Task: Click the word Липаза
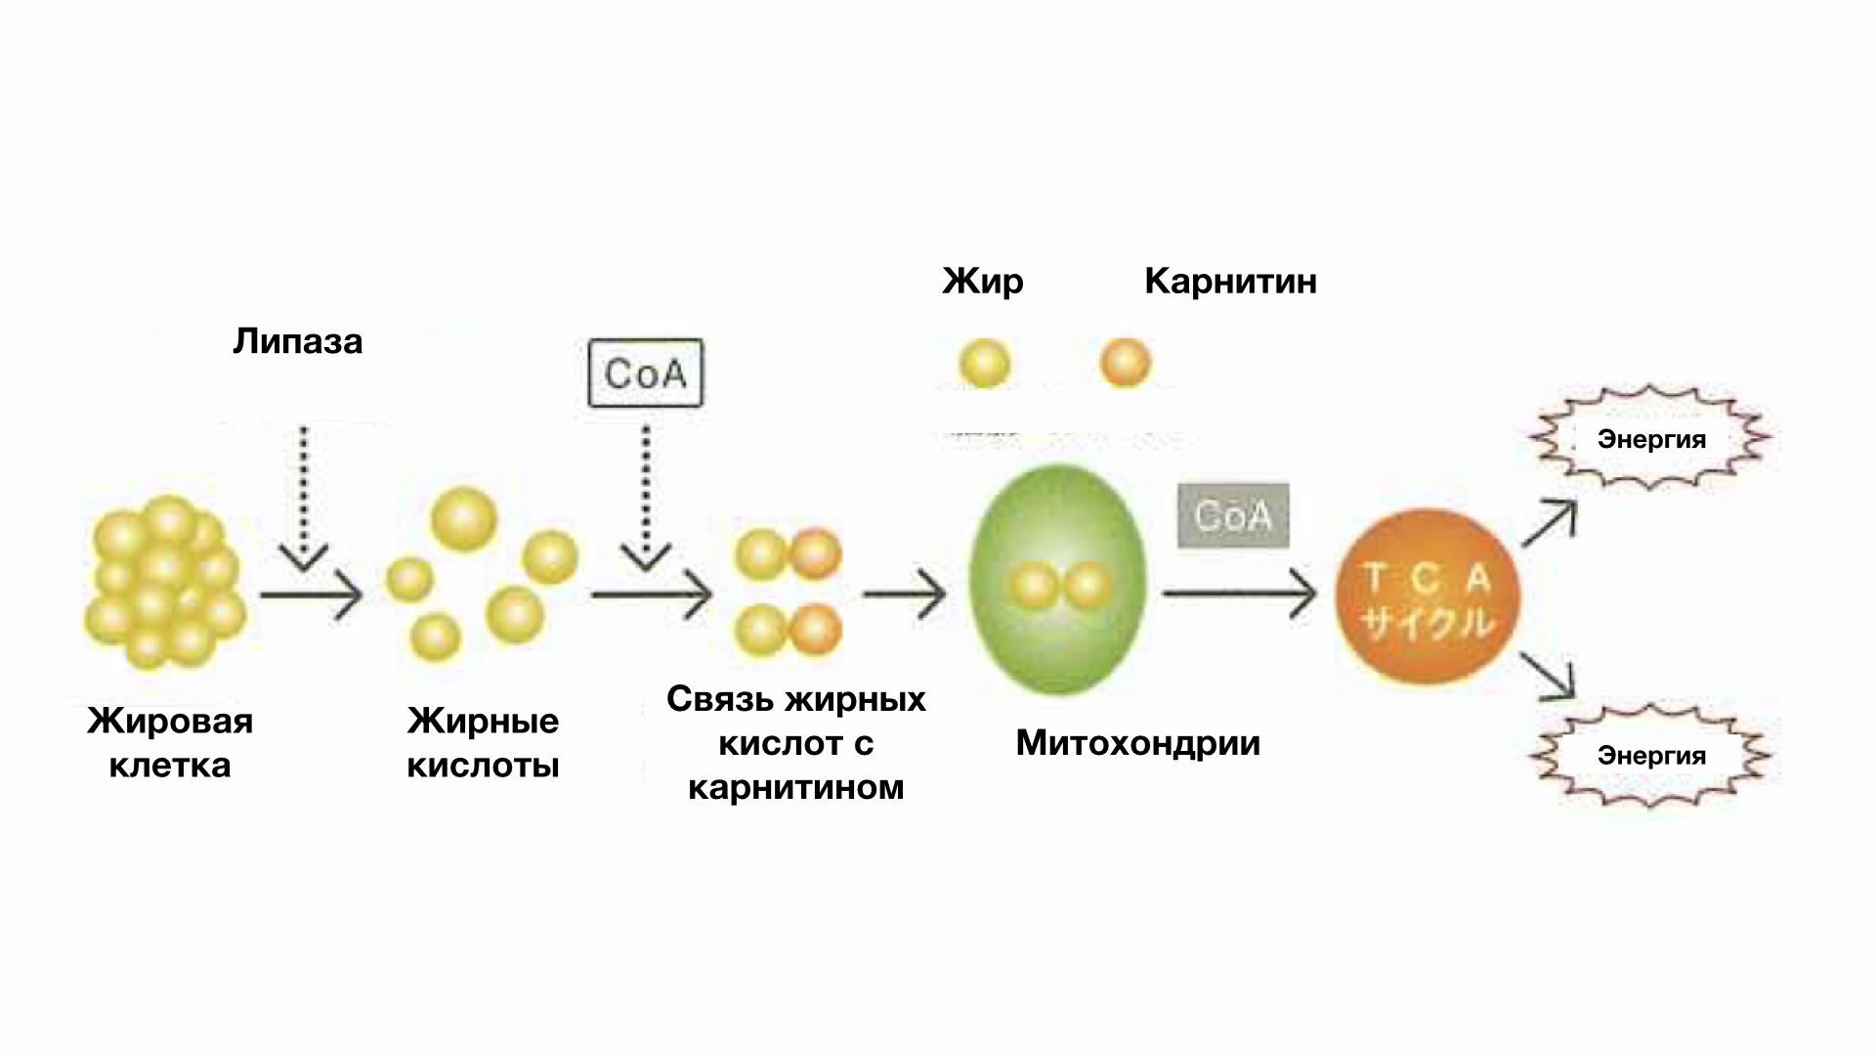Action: pyautogui.click(x=298, y=341)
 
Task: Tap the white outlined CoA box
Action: pyautogui.click(x=645, y=373)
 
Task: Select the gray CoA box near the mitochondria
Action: pyautogui.click(x=1233, y=515)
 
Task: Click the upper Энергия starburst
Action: pyautogui.click(x=1651, y=439)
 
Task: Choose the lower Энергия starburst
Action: pyautogui.click(x=1651, y=755)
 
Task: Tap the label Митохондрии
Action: pyautogui.click(x=1138, y=743)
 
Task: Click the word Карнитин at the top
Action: pyautogui.click(x=1230, y=282)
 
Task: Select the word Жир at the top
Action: pyautogui.click(x=983, y=282)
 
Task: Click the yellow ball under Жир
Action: pyautogui.click(x=984, y=364)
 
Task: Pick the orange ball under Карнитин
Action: pyautogui.click(x=1126, y=363)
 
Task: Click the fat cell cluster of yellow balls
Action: pyautogui.click(x=164, y=583)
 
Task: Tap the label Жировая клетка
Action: pyautogui.click(x=170, y=742)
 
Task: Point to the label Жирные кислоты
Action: pyautogui.click(x=483, y=742)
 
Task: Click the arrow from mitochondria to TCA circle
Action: pyautogui.click(x=1239, y=594)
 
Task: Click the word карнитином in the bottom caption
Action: pyautogui.click(x=796, y=787)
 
